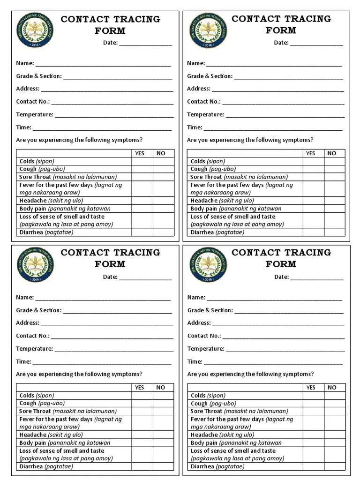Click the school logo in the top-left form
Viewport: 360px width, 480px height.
tap(35, 31)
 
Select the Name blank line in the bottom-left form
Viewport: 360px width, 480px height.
tap(103, 298)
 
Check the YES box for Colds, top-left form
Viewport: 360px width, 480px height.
tap(142, 161)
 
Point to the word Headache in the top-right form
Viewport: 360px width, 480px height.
tap(204, 201)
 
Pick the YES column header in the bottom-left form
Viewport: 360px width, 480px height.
tap(140, 388)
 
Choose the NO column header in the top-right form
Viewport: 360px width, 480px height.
tap(332, 153)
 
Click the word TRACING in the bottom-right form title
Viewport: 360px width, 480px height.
tap(307, 253)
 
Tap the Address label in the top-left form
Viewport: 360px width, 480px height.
tap(28, 89)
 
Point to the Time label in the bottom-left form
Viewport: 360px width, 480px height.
tap(23, 362)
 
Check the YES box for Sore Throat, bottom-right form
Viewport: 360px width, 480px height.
tap(313, 411)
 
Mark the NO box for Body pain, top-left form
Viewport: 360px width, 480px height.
tap(163, 209)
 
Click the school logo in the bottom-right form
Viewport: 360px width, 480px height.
tap(206, 265)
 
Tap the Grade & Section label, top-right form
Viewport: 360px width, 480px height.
tap(210, 76)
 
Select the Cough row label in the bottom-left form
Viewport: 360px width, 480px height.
tap(28, 403)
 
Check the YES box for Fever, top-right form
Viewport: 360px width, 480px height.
tap(313, 189)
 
